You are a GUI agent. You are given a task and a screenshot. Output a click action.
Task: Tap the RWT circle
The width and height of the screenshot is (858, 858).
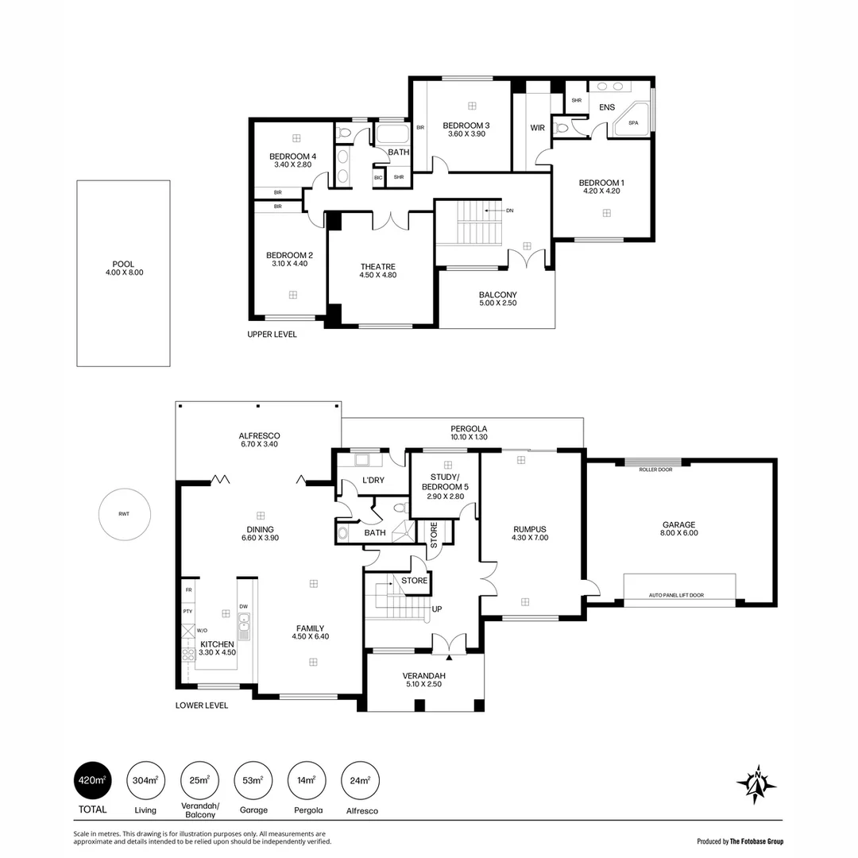[124, 514]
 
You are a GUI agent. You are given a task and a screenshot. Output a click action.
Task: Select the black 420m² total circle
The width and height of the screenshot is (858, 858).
[91, 780]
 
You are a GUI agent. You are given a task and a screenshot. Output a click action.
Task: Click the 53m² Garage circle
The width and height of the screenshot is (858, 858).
[252, 780]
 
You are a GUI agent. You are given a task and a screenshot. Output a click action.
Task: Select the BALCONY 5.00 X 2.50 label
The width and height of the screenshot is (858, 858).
[497, 299]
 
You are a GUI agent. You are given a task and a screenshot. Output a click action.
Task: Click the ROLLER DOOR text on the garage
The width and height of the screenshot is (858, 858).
[655, 470]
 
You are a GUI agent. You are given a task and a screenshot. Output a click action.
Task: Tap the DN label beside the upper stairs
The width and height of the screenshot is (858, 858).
[510, 211]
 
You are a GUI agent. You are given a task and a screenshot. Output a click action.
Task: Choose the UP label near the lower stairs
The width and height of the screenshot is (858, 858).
[437, 609]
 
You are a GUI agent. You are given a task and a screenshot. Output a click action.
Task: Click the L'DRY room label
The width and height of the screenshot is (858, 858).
[373, 481]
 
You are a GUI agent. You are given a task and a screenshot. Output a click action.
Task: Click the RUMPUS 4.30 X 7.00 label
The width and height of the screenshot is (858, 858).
[530, 532]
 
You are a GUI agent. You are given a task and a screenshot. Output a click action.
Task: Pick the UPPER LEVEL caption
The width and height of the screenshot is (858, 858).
[272, 334]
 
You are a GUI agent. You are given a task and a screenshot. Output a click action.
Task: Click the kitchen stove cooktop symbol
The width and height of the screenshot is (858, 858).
[188, 655]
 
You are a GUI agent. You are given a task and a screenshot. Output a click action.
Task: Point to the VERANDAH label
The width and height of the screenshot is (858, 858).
[424, 680]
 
